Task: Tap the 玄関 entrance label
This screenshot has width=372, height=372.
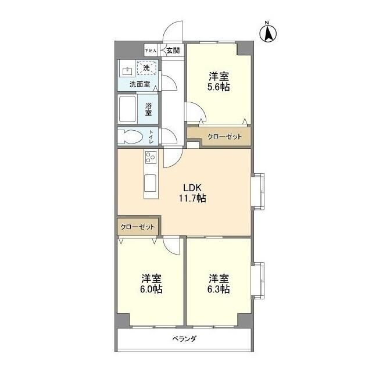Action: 173,51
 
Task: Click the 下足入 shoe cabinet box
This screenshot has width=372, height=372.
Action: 151,51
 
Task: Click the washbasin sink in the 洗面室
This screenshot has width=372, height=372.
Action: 127,72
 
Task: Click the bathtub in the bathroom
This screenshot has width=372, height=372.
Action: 127,109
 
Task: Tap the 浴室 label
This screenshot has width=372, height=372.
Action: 149,109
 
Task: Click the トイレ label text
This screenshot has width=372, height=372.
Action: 151,137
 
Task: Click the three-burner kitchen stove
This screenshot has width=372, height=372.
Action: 151,158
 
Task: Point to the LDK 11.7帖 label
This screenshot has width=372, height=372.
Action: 192,193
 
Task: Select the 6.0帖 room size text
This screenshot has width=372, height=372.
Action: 151,289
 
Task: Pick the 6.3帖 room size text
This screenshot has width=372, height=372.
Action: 219,289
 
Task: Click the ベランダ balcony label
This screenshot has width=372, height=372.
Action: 184,338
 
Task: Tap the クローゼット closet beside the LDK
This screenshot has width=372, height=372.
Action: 138,227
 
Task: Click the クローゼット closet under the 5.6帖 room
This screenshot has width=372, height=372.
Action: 220,137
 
